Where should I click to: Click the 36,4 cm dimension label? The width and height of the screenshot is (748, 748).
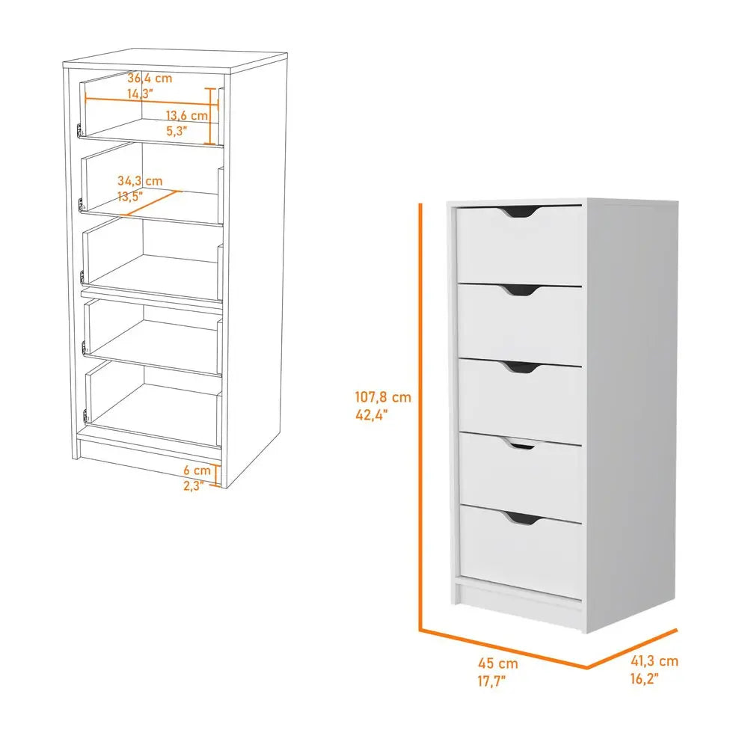(150, 78)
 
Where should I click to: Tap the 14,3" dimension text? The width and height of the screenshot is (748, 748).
(139, 93)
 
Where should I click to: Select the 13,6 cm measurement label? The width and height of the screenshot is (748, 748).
(186, 116)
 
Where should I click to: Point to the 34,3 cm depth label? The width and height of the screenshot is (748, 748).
(140, 181)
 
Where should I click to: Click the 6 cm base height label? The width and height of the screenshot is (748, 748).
(197, 470)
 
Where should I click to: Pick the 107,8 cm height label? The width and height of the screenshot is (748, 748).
(383, 399)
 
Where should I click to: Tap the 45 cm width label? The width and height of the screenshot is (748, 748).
(498, 663)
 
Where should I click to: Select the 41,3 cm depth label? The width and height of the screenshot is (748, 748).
(654, 660)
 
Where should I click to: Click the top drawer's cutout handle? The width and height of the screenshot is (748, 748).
(522, 212)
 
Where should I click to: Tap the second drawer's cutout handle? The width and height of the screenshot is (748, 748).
(522, 289)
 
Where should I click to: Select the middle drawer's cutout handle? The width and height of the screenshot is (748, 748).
(522, 367)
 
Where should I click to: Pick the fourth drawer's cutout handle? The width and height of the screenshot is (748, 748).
(522, 445)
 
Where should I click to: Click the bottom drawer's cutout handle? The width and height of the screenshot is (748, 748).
(522, 518)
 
